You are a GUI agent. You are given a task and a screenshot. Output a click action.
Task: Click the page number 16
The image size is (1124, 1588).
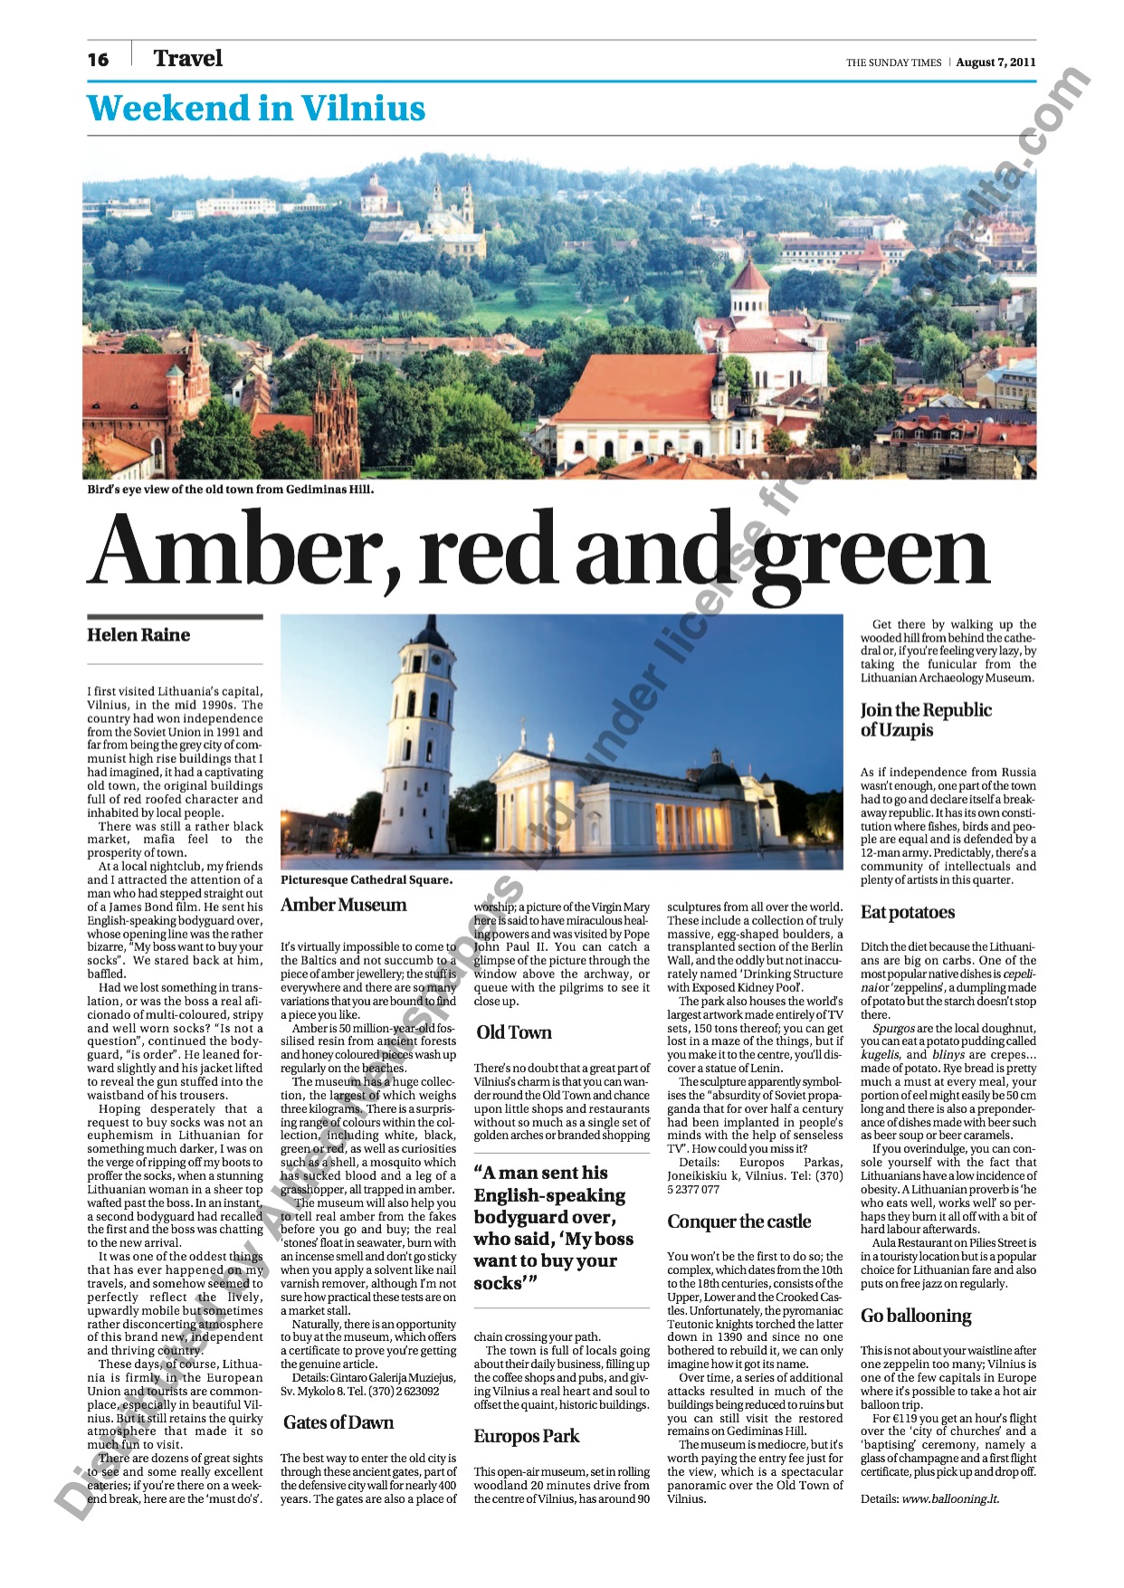tap(98, 60)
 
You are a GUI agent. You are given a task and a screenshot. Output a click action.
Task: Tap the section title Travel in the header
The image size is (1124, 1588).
tap(187, 59)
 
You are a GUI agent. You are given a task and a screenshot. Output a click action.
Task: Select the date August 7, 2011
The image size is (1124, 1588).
tap(995, 62)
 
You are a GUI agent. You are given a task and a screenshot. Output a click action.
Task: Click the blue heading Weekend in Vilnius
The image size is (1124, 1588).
tap(256, 109)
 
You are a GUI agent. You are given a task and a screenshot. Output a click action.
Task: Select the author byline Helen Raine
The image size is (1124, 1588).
tap(138, 635)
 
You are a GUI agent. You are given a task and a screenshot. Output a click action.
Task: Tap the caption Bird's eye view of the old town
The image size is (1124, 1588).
tap(230, 490)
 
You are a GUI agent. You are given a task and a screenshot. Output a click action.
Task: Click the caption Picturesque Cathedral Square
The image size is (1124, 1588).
tap(367, 880)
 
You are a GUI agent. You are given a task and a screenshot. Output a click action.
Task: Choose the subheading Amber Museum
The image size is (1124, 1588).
tap(344, 905)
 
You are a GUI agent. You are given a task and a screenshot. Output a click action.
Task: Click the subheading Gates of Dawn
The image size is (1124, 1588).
tap(338, 1422)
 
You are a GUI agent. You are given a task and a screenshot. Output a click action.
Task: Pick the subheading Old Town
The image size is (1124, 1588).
tap(514, 1032)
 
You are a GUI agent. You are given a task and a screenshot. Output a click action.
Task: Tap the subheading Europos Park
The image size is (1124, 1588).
tap(527, 1436)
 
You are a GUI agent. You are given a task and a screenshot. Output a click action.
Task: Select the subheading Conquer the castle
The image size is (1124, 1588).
tap(738, 1222)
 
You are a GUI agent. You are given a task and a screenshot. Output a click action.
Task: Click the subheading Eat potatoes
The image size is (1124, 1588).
tap(907, 912)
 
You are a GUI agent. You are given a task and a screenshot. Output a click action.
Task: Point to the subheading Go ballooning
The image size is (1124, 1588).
tap(916, 1316)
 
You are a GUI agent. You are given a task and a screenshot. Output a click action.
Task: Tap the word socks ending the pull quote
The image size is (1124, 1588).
tap(498, 1283)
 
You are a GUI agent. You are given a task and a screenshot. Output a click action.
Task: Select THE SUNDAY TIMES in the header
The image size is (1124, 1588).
tap(893, 63)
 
